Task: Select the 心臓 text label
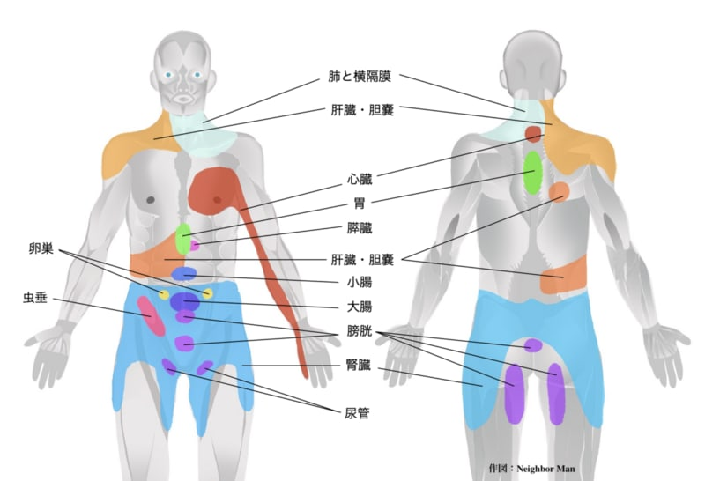point(360,180)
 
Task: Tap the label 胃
point(360,203)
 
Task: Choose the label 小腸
point(360,283)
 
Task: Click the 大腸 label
point(360,307)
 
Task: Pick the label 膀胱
point(360,337)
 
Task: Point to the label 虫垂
point(36,298)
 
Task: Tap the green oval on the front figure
point(183,238)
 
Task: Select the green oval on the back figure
point(532,173)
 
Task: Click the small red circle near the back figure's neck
point(533,134)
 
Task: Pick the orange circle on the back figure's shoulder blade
point(559,191)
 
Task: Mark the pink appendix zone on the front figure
point(150,315)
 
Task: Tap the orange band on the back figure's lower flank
point(562,282)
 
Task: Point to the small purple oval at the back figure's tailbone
point(532,345)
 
